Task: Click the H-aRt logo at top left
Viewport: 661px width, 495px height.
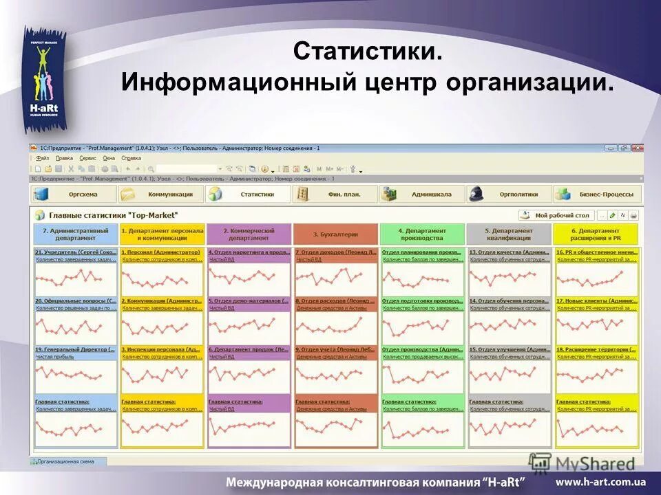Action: [x=44, y=80]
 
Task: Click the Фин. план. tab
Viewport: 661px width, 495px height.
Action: [x=335, y=195]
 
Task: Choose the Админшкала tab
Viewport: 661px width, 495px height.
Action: [x=422, y=195]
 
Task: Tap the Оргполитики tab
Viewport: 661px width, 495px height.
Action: [x=509, y=195]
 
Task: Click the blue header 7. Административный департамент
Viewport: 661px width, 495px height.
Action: [x=76, y=234]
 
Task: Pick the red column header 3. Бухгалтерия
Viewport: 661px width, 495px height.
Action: [x=336, y=234]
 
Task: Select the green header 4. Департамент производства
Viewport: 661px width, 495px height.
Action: [x=422, y=234]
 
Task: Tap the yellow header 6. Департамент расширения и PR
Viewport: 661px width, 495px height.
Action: [x=596, y=234]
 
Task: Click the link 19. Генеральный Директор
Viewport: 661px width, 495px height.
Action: [x=75, y=349]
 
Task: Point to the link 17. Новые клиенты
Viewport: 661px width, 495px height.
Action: [x=596, y=301]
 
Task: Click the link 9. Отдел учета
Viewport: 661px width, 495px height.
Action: [x=336, y=349]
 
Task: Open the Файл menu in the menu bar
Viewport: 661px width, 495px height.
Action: [x=43, y=157]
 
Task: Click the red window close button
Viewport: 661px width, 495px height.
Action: [x=638, y=148]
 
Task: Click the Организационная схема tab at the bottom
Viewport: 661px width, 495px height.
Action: [x=67, y=462]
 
